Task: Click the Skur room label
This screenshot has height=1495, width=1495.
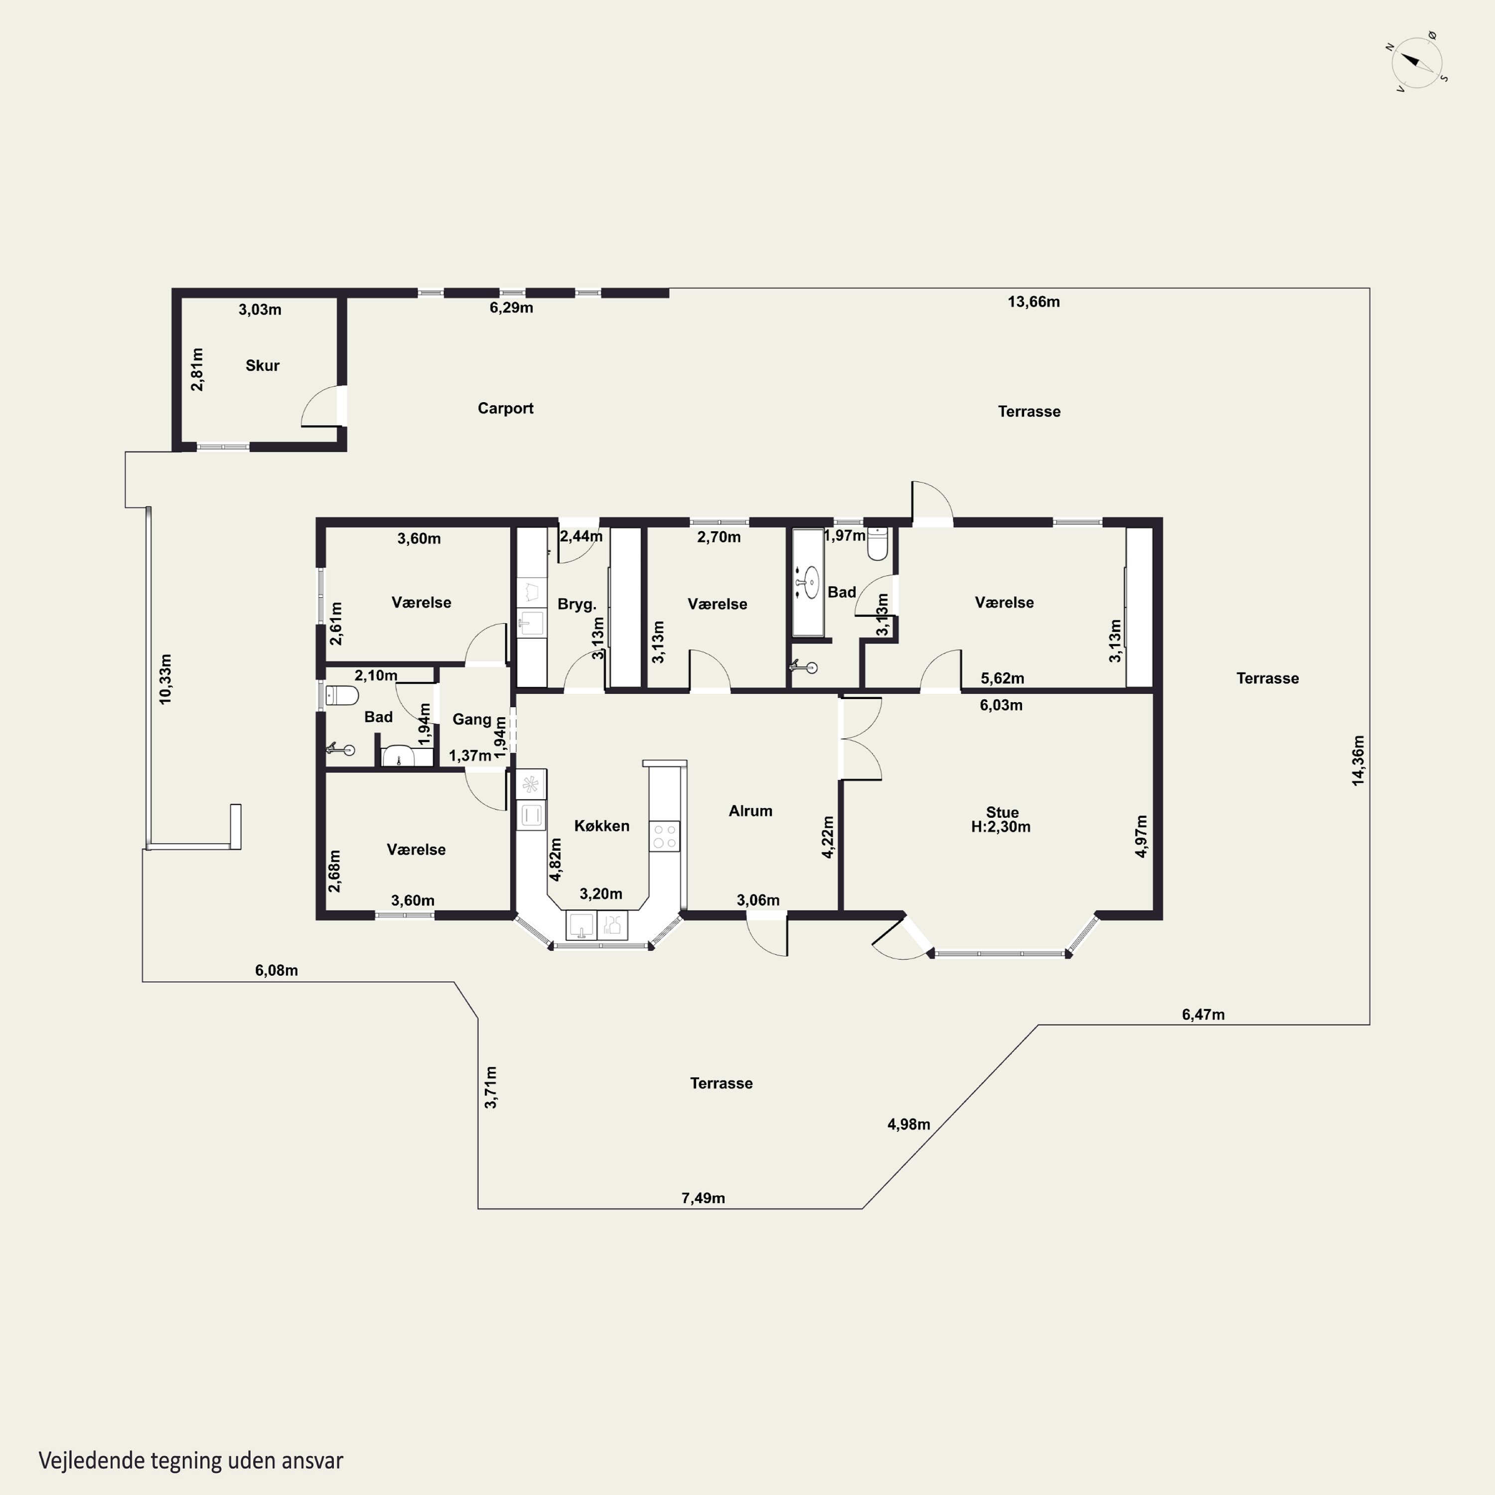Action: (262, 365)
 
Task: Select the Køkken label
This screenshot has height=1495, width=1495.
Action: (601, 826)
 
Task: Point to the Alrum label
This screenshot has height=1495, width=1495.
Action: (750, 811)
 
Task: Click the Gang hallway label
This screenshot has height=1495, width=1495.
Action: (471, 720)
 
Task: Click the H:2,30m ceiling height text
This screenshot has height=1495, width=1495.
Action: (1001, 826)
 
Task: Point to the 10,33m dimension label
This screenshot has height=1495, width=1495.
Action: (165, 679)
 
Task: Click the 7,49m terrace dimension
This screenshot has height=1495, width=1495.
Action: (703, 1198)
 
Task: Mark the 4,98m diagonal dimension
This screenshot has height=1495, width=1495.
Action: (908, 1124)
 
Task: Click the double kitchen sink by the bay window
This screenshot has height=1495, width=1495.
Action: (597, 925)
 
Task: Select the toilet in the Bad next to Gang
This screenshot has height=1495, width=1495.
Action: (341, 696)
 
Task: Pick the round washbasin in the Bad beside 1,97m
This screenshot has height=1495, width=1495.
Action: (810, 582)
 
